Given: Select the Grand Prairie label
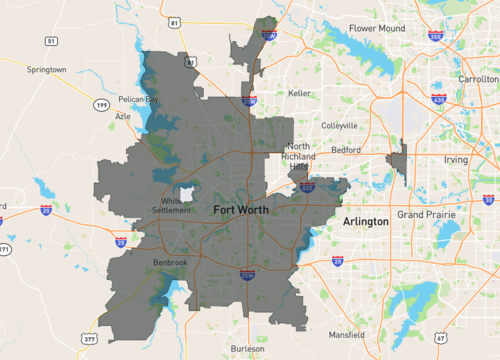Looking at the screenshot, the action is click(x=427, y=215).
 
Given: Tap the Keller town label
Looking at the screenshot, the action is click(x=299, y=92).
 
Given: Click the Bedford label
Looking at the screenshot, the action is click(x=346, y=149).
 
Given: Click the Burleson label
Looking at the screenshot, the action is click(x=247, y=349).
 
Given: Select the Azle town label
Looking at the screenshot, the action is click(x=123, y=116).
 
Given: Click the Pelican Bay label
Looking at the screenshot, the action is click(x=137, y=100).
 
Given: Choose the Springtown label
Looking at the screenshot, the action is click(x=47, y=70).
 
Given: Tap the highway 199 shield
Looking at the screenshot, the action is click(x=101, y=103).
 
